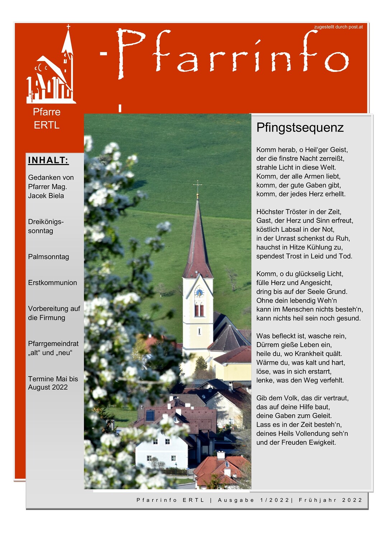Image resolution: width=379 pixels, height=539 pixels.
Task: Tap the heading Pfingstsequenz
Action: [x=300, y=128]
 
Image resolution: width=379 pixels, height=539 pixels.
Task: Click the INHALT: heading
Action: [x=48, y=160]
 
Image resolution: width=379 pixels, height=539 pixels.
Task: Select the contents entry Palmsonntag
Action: [x=48, y=257]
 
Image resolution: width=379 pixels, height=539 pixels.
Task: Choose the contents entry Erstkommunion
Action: [x=52, y=283]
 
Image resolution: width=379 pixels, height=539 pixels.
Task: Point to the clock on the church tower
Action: [x=199, y=292]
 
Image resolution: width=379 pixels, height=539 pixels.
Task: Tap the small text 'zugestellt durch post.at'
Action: [x=338, y=27]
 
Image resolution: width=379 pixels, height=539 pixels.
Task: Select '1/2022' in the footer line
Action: [x=275, y=500]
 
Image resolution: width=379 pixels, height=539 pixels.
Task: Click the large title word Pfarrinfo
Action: [x=233, y=54]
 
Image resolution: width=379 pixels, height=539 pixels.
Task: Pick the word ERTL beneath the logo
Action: [x=47, y=125]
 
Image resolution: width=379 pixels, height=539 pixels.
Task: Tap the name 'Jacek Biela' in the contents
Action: [x=46, y=196]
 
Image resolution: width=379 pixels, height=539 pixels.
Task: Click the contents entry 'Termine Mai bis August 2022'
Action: [x=53, y=383]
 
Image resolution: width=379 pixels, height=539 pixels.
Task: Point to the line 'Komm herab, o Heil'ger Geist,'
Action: [x=302, y=150]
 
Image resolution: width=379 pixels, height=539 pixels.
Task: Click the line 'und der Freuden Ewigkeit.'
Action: [x=296, y=442]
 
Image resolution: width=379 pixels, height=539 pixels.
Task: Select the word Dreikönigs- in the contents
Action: [x=46, y=222]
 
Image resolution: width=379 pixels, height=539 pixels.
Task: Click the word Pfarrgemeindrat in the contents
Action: [x=53, y=344]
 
